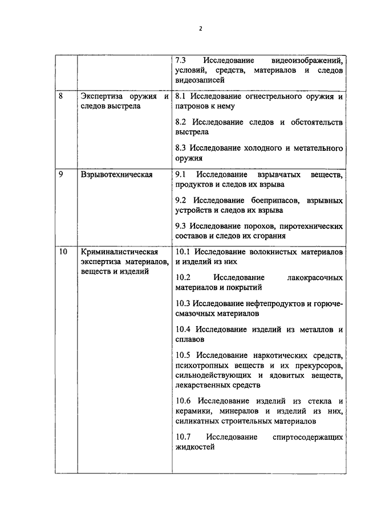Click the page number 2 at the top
tap(201, 28)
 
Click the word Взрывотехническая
tap(116, 174)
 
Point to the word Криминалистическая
tap(117, 251)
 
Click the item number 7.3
tap(181, 60)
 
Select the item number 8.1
tap(181, 96)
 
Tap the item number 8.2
tap(181, 122)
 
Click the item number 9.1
tap(181, 174)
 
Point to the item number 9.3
tap(181, 226)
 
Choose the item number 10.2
tap(184, 277)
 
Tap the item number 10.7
tap(184, 437)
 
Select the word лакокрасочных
tap(316, 277)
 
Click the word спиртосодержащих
tap(308, 437)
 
